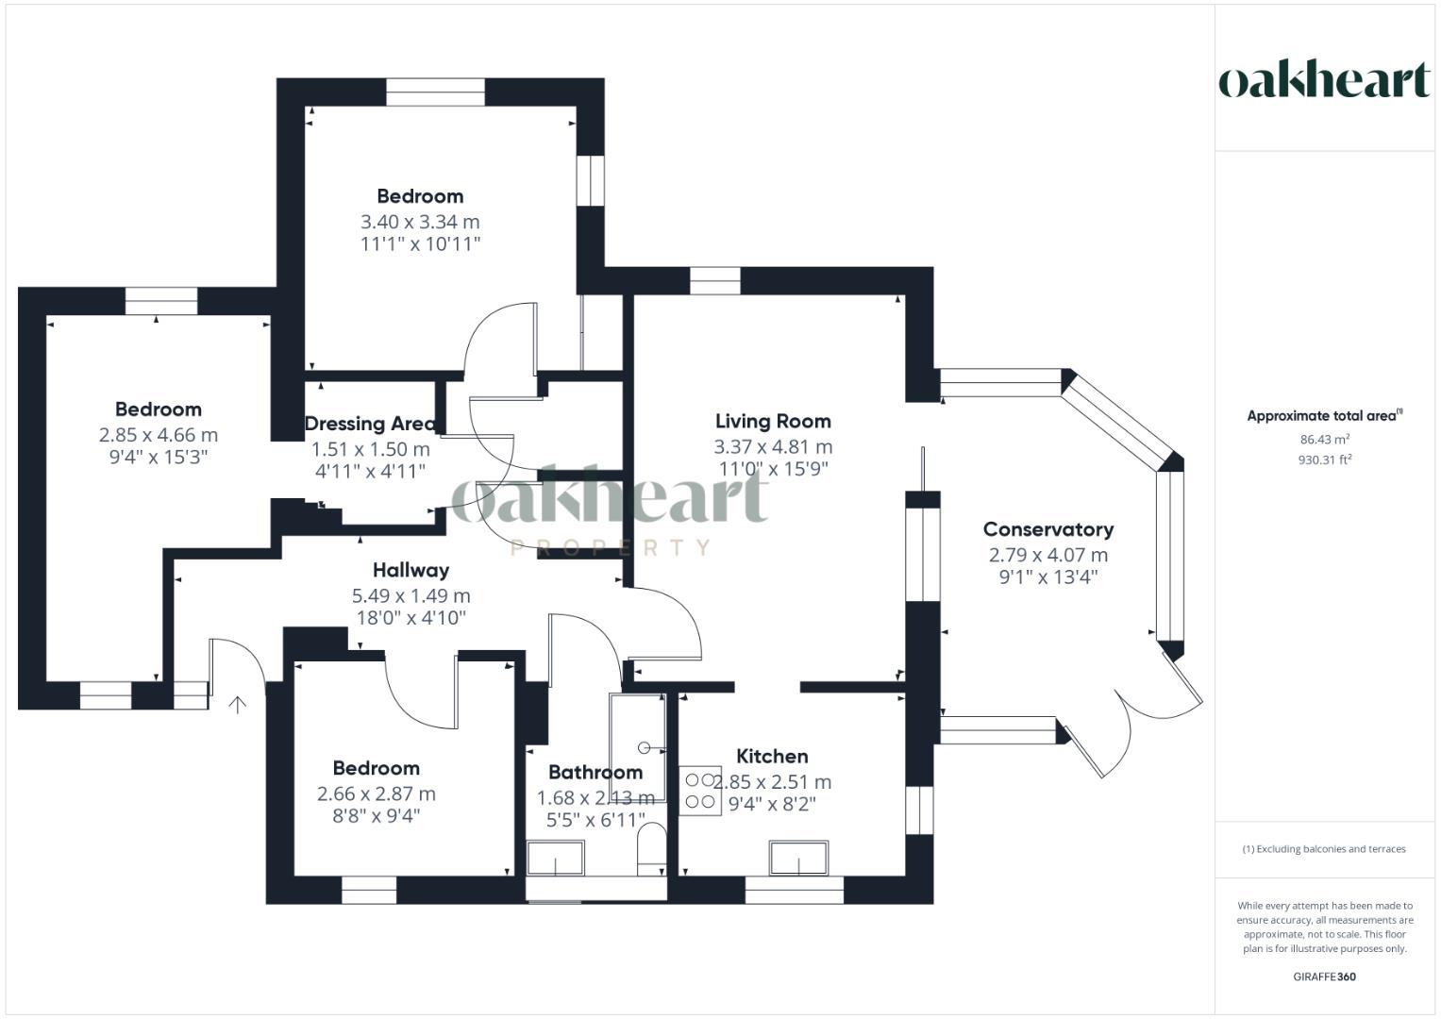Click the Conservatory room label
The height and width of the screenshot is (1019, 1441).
coord(1047,529)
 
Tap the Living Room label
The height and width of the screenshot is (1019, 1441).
coord(772,421)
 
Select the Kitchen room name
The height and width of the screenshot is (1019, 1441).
coord(771,756)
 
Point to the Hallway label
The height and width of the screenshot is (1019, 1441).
coord(411,570)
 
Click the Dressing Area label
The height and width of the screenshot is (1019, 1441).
coord(370,424)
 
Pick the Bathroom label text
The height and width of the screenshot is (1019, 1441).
coord(595,772)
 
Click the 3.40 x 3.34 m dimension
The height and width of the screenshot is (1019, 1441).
coord(420,222)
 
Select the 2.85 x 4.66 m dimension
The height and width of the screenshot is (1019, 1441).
coord(158,435)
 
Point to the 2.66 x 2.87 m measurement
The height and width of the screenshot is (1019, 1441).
coord(376,793)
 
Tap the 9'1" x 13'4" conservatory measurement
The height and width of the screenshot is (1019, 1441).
coord(1047,577)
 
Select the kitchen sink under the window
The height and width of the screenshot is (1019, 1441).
coord(798,858)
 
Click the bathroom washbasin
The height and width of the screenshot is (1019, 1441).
coord(555,859)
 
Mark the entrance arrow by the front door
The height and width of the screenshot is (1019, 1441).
coord(237,704)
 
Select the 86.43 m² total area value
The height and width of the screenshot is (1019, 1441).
coord(1324,439)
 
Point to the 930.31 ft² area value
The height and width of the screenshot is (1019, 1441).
coord(1324,459)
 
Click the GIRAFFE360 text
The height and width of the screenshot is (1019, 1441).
coord(1324,977)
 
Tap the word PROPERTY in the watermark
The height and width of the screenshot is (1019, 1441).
coord(610,547)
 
